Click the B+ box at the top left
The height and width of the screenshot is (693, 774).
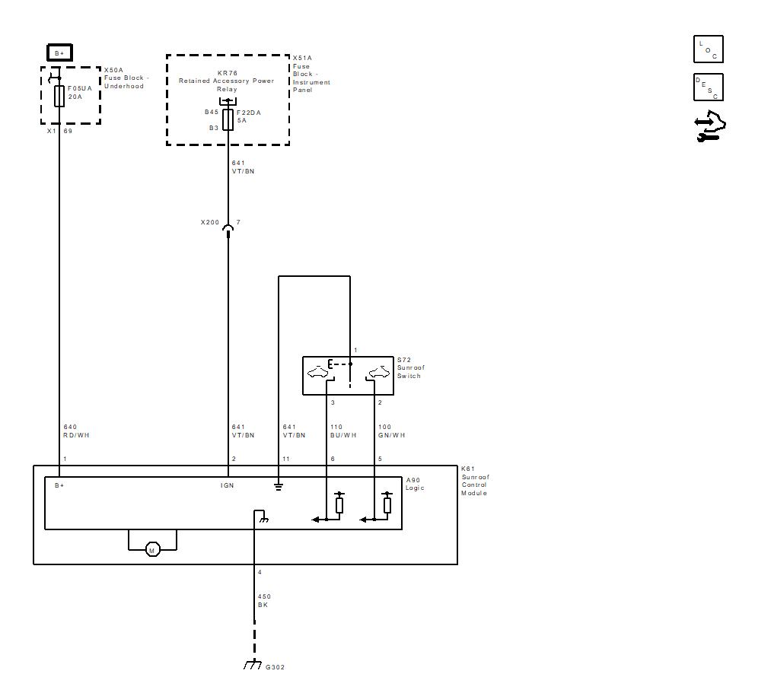click(x=59, y=52)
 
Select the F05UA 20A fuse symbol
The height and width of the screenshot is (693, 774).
click(x=59, y=96)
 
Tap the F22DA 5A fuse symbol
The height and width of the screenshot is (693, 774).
click(x=228, y=120)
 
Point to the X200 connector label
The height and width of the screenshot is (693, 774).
click(x=210, y=222)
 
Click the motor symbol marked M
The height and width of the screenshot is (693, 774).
click(x=152, y=549)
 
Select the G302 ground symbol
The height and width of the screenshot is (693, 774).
click(x=253, y=664)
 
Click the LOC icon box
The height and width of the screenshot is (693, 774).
click(x=709, y=49)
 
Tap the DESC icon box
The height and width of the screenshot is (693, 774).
click(x=709, y=87)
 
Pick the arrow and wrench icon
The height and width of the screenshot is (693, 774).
click(x=710, y=126)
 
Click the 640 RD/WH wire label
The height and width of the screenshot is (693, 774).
click(x=77, y=431)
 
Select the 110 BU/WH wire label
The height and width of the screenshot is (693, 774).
click(x=343, y=431)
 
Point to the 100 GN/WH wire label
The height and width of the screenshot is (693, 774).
click(x=392, y=431)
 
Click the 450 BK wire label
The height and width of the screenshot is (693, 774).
click(x=264, y=601)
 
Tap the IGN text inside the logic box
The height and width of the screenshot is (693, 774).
click(x=227, y=486)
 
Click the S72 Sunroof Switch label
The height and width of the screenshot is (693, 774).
click(x=411, y=368)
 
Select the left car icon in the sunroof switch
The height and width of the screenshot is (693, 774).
click(x=317, y=372)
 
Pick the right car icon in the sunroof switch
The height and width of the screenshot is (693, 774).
click(x=379, y=372)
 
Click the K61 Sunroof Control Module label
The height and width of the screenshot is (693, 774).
click(x=476, y=481)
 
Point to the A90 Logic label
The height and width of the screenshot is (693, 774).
click(x=415, y=484)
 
